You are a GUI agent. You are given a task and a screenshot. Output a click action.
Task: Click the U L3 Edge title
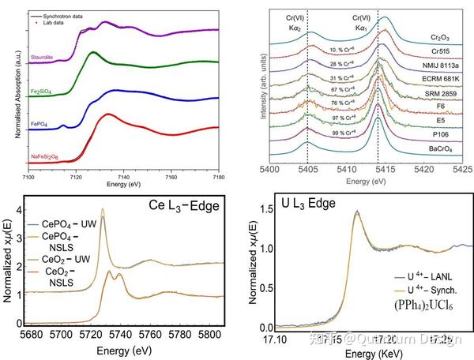click(297, 202)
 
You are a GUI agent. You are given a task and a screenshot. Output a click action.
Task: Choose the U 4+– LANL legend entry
click(427, 276)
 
